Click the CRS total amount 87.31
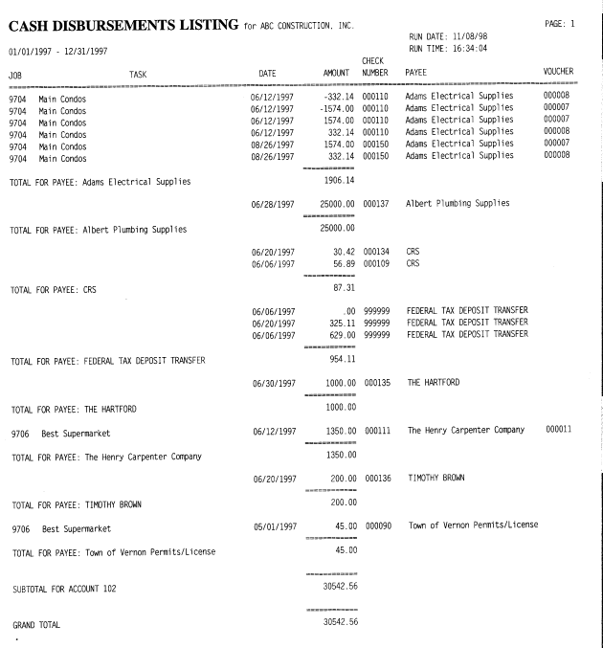(335, 286)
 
